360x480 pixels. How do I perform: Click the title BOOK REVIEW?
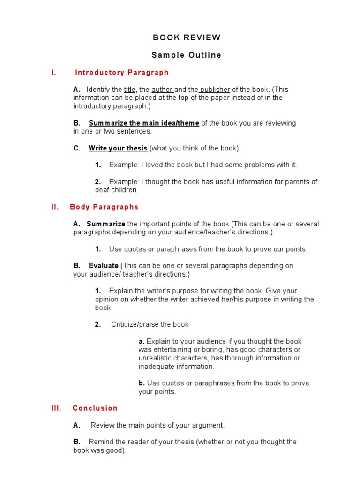point(186,37)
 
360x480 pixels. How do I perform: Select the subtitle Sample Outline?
point(186,55)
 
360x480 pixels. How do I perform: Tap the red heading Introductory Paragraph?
point(121,73)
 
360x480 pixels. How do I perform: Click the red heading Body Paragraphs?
point(104,207)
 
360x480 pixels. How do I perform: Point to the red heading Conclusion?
point(95,408)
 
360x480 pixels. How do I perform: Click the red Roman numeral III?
point(56,408)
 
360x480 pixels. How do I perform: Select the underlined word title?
point(129,90)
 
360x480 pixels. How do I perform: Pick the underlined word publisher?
point(215,90)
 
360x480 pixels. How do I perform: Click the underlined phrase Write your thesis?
point(118,149)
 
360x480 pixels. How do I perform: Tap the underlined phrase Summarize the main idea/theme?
point(144,123)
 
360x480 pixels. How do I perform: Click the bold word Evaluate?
point(104,266)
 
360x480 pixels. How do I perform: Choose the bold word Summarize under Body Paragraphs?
point(106,224)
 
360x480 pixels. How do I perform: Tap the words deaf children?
point(117,190)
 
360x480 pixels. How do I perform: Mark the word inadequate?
point(157,367)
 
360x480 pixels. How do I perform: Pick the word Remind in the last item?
point(101,442)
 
